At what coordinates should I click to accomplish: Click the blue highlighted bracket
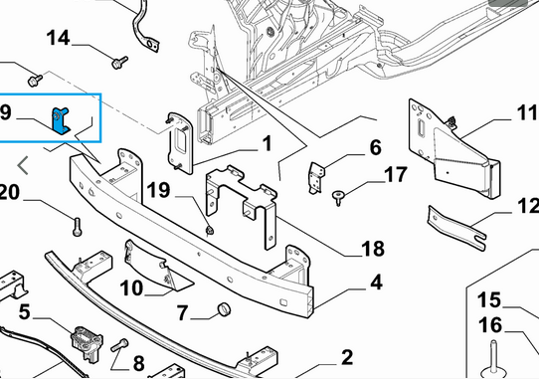coord(60,120)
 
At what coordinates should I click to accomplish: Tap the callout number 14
coord(58,38)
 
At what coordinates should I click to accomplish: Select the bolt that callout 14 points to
coord(120,63)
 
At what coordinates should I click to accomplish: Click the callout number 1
coord(267,143)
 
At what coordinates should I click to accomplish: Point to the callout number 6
coord(375,147)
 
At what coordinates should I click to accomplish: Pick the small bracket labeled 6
coord(316,178)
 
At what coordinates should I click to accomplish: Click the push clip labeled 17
coord(338,198)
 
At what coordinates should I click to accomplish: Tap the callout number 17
coord(396,175)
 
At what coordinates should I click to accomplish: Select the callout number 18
coord(373,249)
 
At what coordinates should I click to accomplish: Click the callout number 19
coord(158,189)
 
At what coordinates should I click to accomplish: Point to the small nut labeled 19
coord(209,230)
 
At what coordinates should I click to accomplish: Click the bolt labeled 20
coord(78,227)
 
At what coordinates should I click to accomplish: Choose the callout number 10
coord(131,287)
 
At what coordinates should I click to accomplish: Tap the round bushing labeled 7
coord(224,308)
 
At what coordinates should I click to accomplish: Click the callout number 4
coord(377,283)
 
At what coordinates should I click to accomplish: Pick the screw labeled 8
coord(119,345)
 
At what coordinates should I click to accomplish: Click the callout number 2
coord(347,357)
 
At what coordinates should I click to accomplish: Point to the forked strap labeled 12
coord(456,228)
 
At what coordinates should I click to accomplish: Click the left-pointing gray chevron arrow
coord(23,165)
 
